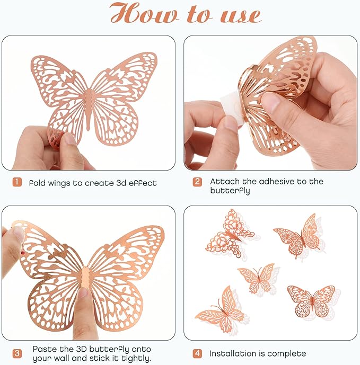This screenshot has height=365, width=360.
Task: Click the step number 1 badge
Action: pyautogui.click(x=17, y=183)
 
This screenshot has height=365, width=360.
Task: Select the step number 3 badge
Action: pyautogui.click(x=17, y=353)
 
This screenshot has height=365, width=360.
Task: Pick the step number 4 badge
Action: pyautogui.click(x=197, y=353)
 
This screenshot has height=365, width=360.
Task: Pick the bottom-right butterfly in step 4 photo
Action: pyautogui.click(x=311, y=300)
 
